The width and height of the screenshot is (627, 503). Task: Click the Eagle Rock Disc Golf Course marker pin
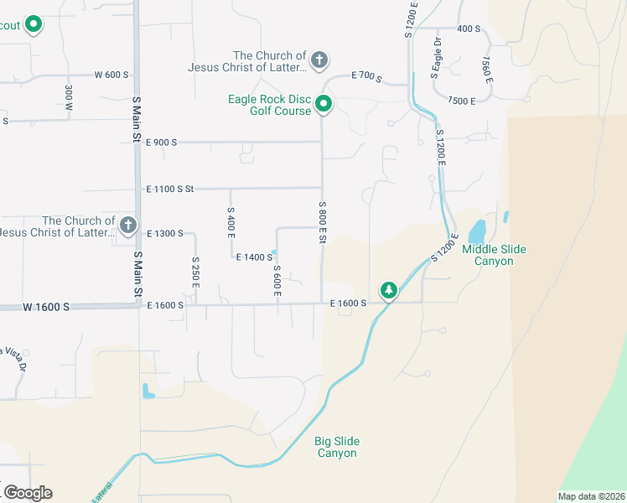click(x=324, y=105)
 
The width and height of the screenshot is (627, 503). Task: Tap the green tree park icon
click(x=388, y=290)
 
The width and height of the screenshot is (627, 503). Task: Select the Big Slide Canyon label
click(x=336, y=447)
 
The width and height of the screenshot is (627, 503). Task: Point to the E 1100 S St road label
click(x=169, y=189)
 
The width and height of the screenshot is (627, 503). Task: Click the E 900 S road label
click(x=162, y=143)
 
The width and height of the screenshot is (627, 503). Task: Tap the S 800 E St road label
click(x=322, y=222)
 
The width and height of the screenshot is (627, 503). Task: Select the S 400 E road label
click(x=231, y=220)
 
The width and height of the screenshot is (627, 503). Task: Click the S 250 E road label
click(x=194, y=273)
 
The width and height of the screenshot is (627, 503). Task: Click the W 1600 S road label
click(x=46, y=308)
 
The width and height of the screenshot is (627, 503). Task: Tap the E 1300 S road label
click(x=164, y=233)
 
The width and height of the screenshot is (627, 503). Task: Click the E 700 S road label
click(x=366, y=79)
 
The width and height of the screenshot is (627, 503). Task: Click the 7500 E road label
click(x=461, y=101)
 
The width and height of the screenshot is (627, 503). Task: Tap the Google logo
click(x=28, y=492)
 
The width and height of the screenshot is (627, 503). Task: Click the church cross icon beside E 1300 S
click(x=127, y=225)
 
